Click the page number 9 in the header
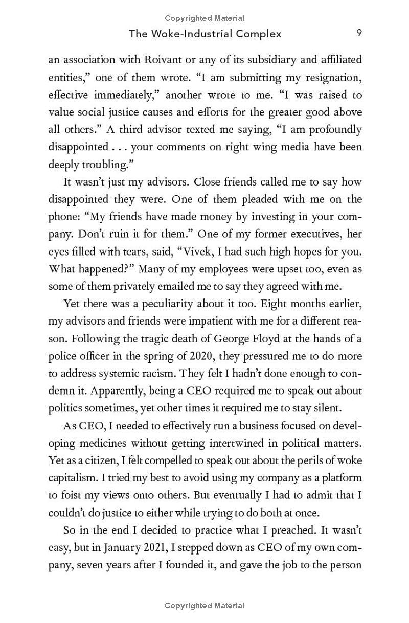359,34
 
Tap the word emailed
180,286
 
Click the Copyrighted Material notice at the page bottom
204,606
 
